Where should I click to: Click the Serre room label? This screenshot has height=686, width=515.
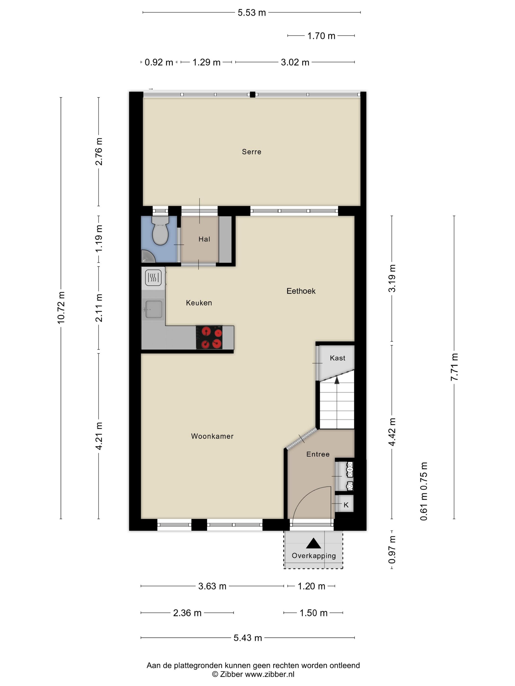[251, 152]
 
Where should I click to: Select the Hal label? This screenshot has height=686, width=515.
[204, 239]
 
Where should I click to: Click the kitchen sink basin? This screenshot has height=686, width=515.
[154, 309]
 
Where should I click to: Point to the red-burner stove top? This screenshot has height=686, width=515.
[209, 337]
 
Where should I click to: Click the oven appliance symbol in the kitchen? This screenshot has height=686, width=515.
[153, 277]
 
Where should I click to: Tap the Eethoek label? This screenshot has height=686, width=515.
[301, 291]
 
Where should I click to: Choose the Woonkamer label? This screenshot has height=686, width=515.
[212, 436]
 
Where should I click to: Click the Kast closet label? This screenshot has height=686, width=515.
[337, 358]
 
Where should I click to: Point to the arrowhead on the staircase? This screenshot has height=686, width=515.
[337, 380]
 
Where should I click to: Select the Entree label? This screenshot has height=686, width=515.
[318, 454]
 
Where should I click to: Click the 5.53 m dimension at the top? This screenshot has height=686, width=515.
[252, 13]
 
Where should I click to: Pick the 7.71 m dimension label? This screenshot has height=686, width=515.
[454, 367]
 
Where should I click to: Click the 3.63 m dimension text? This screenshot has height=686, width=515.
[212, 586]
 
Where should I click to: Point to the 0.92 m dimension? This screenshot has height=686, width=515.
[159, 62]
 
